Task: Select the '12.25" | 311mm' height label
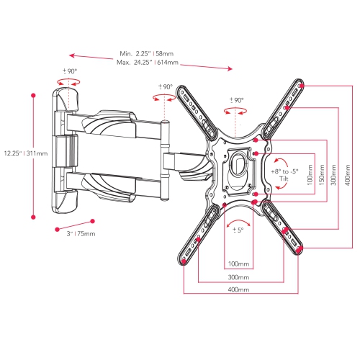point(26,153)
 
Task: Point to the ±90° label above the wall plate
point(69,71)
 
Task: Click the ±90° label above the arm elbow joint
point(165,87)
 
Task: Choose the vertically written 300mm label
point(333,173)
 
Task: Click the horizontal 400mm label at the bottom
point(238,289)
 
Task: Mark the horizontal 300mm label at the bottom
point(238,276)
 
